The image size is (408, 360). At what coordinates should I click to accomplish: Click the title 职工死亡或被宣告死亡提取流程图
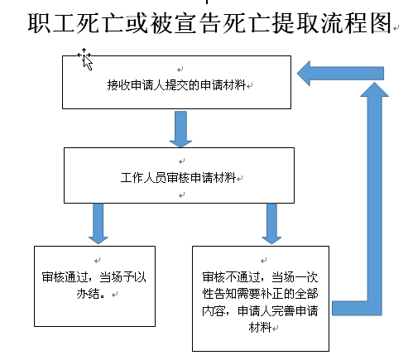coord(210,23)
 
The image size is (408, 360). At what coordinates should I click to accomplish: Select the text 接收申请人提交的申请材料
coord(176,84)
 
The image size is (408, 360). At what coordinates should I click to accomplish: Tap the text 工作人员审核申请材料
coord(178,177)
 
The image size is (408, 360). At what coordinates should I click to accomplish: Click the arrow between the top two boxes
coord(180,129)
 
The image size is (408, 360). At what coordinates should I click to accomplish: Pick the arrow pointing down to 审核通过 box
coord(98,223)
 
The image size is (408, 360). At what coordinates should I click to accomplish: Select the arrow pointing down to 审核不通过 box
coord(271,223)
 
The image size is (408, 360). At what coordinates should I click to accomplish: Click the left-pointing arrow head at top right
coord(304,74)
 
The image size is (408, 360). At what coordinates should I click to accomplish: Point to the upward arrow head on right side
coord(374,89)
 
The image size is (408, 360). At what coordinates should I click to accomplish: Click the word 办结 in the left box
coord(88,294)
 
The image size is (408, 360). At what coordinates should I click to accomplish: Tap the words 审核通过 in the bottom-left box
coord(65,277)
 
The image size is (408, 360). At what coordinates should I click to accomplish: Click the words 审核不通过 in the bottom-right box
coord(231,277)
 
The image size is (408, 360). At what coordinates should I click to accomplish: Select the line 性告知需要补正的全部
coord(260,294)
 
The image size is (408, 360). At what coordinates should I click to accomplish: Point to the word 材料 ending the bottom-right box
coord(260,328)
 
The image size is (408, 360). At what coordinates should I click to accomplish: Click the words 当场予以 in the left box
coord(122,277)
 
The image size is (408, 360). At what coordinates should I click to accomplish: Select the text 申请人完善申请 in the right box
coord(277,311)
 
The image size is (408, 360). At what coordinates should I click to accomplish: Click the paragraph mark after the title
coord(396,28)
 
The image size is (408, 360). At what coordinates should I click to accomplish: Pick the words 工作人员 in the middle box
coord(143,177)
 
